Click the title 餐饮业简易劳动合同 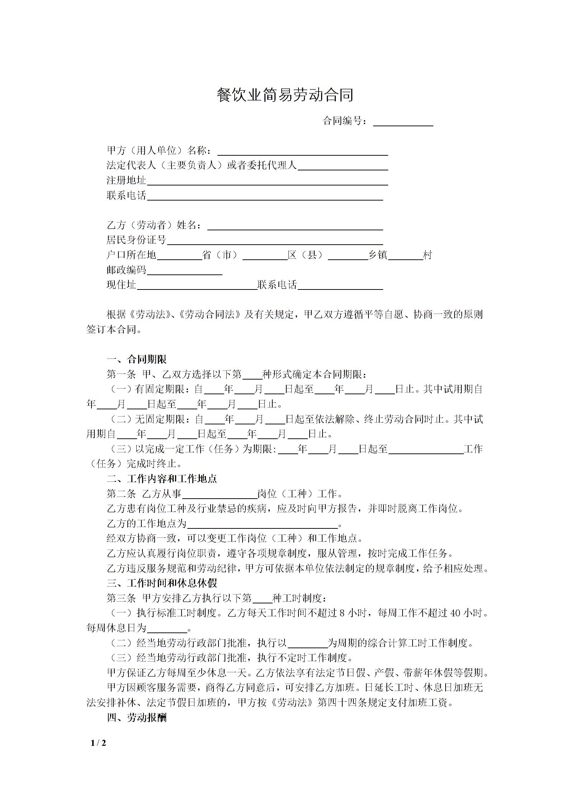[x=285, y=95]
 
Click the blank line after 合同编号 [x=403, y=122]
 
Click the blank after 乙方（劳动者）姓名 [x=295, y=226]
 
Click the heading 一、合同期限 [x=137, y=359]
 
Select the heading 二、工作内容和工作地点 [x=162, y=479]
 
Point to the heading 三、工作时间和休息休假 [x=162, y=583]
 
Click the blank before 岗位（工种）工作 [x=220, y=494]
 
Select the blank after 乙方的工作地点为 [x=262, y=524]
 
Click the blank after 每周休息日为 [x=167, y=629]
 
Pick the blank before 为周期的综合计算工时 [x=307, y=643]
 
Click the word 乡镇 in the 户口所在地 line [x=378, y=255]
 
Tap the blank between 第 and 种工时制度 [x=262, y=598]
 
